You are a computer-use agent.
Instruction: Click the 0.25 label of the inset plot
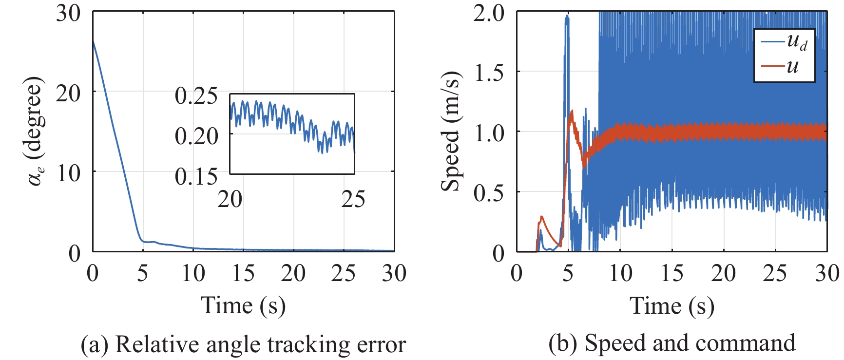click(196, 96)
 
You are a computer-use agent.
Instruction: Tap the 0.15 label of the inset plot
click(196, 176)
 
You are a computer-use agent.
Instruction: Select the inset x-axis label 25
click(353, 199)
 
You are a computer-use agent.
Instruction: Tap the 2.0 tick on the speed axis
click(489, 13)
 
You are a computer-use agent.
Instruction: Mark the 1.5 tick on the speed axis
click(489, 73)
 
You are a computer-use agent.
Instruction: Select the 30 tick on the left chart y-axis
click(68, 13)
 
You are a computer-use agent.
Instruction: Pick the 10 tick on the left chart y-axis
click(68, 173)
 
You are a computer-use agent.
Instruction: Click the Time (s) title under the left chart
click(243, 306)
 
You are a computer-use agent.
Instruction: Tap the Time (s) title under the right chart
click(672, 306)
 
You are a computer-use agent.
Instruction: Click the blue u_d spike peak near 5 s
click(567, 17)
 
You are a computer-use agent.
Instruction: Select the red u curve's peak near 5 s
click(572, 112)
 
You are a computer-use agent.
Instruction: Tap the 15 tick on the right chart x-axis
click(671, 273)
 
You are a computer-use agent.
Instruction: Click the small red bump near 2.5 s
click(541, 217)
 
